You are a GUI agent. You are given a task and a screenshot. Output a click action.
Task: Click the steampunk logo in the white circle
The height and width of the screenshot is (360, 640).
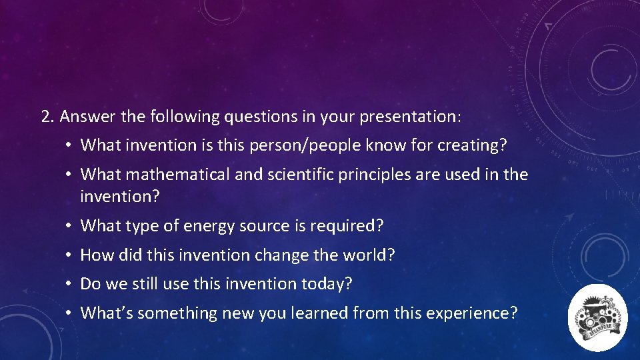point(598,317)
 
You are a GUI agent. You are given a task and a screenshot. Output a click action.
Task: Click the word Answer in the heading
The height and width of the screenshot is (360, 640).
point(84,117)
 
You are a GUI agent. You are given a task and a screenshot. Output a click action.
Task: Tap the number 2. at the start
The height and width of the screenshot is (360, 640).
point(47,117)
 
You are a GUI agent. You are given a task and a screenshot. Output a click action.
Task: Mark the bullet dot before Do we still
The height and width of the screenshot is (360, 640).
point(69,284)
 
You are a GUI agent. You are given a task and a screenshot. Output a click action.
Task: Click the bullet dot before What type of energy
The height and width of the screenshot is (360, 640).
point(69,226)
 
